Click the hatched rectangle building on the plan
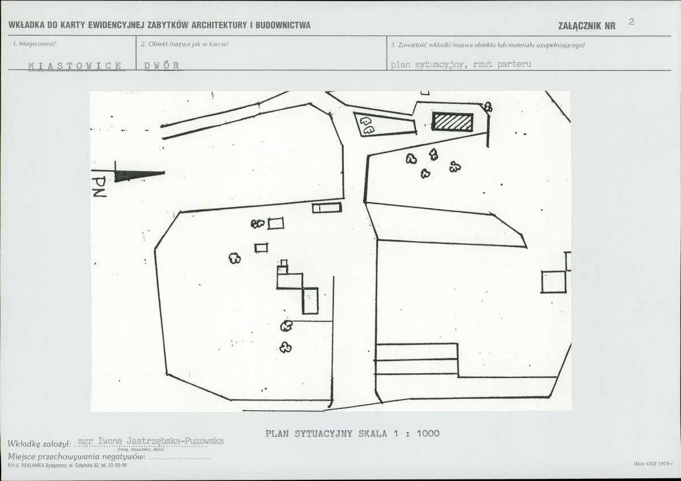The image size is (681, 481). click(x=452, y=122)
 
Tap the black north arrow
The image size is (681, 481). click(x=140, y=176)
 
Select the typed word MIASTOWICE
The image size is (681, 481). click(x=75, y=66)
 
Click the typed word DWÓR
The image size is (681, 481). click(x=162, y=66)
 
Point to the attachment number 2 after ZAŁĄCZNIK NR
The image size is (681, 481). click(x=631, y=22)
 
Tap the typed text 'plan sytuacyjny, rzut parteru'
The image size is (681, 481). click(x=461, y=65)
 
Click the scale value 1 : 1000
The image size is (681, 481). click(x=417, y=433)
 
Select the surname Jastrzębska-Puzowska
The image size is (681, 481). click(x=175, y=441)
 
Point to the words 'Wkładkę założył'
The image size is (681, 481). click(x=39, y=444)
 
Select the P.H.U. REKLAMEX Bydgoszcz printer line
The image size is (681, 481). click(x=67, y=465)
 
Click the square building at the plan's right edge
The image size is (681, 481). click(x=554, y=282)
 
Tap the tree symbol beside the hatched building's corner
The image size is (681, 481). click(x=488, y=106)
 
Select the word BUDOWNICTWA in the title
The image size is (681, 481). click(x=283, y=25)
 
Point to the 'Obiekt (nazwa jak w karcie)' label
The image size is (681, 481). click(x=184, y=44)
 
